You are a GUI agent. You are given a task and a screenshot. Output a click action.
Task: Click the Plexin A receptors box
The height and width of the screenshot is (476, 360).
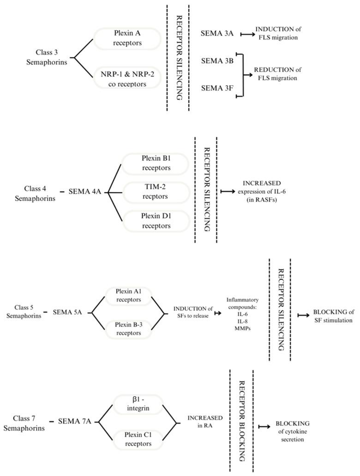[127, 39]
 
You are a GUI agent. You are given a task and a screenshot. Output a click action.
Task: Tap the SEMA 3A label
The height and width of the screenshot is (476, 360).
[217, 34]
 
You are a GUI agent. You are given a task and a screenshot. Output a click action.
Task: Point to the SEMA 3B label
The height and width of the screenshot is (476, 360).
[217, 61]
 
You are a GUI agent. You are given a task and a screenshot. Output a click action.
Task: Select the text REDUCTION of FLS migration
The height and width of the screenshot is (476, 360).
[277, 74]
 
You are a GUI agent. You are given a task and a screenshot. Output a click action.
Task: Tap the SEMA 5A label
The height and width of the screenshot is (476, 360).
[67, 312]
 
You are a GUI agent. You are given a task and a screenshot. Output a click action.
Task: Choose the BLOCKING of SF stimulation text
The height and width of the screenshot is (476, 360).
[333, 316]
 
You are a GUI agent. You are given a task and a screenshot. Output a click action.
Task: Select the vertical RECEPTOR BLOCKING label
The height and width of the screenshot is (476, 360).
[241, 421]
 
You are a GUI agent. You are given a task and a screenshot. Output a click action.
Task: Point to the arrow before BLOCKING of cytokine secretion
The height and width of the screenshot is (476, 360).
[264, 427]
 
